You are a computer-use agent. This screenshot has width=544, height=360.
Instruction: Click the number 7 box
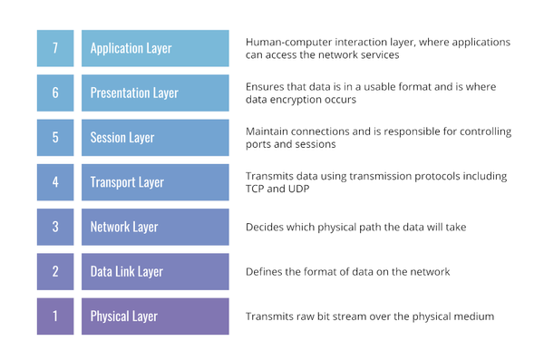click(x=55, y=48)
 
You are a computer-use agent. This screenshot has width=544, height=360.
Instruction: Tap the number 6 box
click(x=55, y=92)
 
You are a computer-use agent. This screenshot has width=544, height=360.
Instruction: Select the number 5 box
click(x=55, y=138)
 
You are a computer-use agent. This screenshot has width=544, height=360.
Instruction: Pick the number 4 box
click(x=55, y=182)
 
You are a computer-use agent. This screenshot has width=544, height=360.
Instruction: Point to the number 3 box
click(x=55, y=227)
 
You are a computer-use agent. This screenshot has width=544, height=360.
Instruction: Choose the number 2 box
click(x=55, y=271)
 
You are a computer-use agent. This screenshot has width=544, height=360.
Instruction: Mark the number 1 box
click(x=55, y=316)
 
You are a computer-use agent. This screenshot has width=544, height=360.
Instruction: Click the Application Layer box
click(x=155, y=48)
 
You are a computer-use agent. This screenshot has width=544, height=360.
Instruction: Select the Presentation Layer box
click(x=155, y=92)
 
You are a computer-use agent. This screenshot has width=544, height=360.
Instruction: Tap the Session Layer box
click(x=155, y=138)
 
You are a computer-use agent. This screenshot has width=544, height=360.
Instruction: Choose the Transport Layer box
click(x=155, y=182)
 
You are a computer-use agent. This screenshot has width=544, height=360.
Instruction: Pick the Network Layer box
click(x=155, y=227)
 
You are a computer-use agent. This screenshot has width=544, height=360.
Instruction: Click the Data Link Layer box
click(x=155, y=271)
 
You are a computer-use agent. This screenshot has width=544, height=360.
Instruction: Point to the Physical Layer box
click(x=155, y=316)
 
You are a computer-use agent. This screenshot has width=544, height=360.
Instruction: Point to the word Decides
click(x=267, y=227)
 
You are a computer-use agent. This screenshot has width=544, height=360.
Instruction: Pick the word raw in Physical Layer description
click(x=314, y=316)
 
